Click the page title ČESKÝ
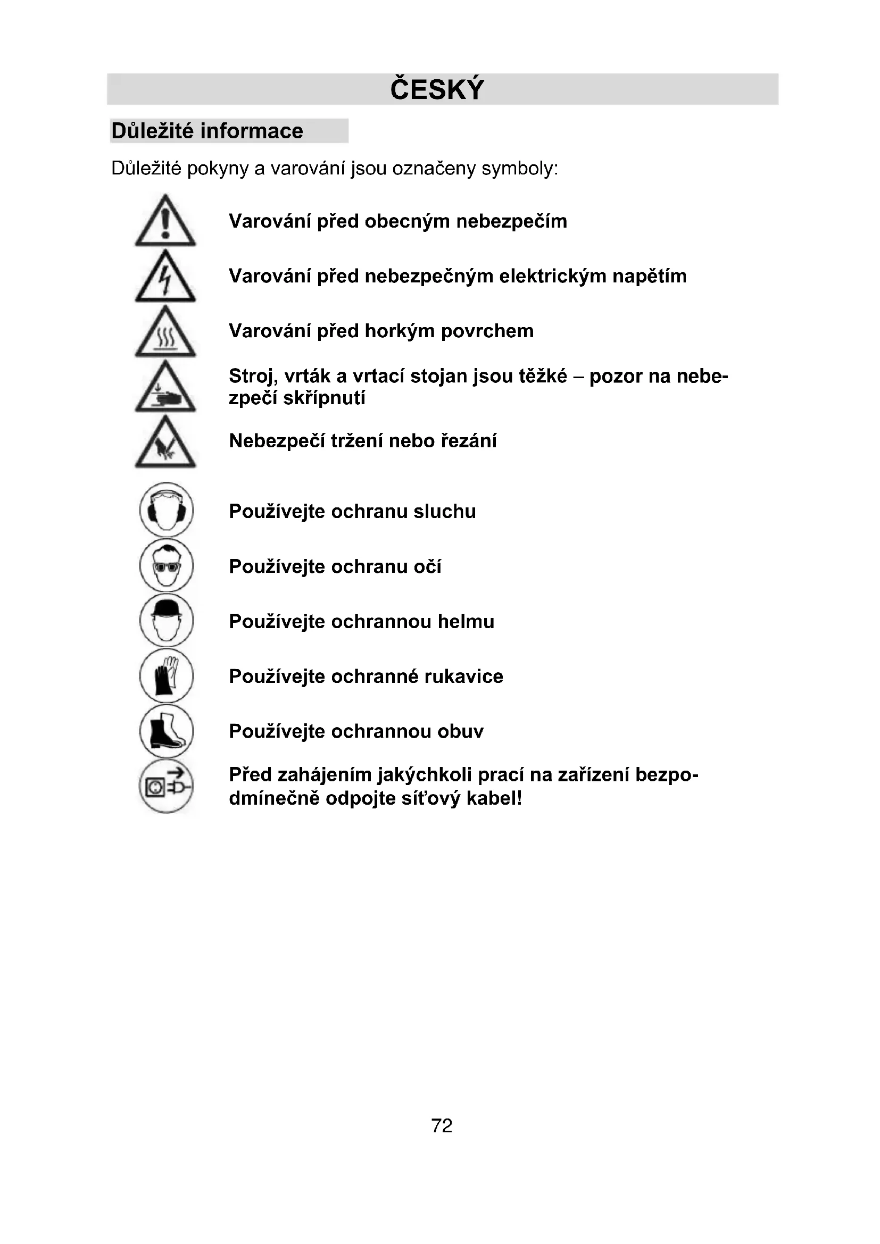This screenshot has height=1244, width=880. [437, 89]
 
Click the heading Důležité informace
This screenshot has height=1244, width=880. [207, 131]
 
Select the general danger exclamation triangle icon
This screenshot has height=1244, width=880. [165, 222]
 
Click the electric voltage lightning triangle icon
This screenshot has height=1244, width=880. [165, 278]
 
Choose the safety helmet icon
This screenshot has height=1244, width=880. [167, 620]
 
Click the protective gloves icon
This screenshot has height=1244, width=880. [167, 675]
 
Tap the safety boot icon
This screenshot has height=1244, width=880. [167, 731]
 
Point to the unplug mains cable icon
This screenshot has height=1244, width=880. [167, 786]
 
